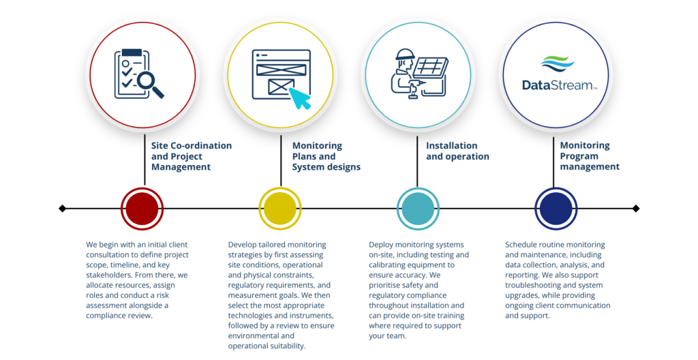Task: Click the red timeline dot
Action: [142, 209]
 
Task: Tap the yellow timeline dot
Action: [280, 209]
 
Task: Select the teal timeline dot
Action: [418, 209]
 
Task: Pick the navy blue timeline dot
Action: [556, 209]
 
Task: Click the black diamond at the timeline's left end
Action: [62, 209]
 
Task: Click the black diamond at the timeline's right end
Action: [636, 209]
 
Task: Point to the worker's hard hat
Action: [405, 55]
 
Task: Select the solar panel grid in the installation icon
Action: [431, 68]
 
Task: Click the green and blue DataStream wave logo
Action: [558, 64]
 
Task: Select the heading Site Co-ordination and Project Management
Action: [192, 156]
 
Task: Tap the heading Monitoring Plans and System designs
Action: [327, 156]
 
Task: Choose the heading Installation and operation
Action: [457, 151]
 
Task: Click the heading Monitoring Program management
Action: [590, 156]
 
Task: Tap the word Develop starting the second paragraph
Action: [242, 245]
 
